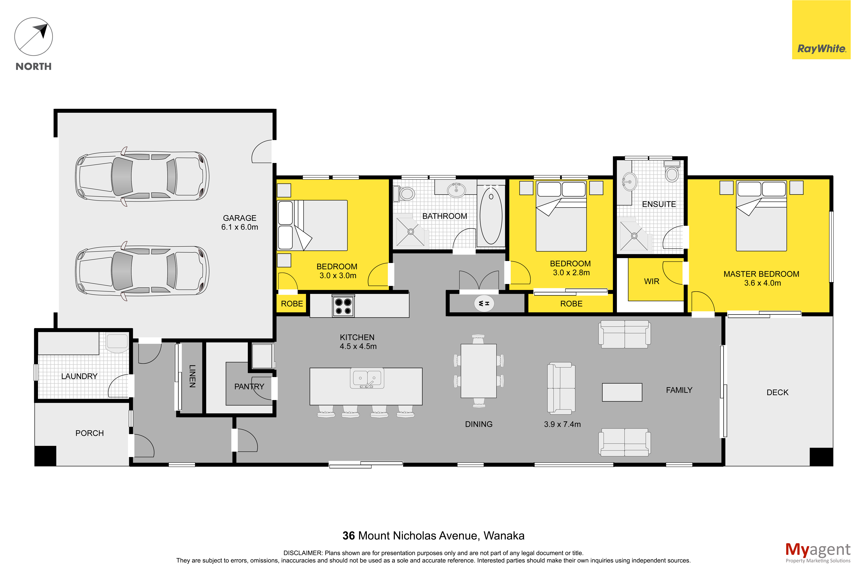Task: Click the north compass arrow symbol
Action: click(34, 37)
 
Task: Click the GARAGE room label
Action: click(239, 218)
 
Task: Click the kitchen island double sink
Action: click(367, 378)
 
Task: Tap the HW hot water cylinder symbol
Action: click(484, 303)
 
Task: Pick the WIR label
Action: click(652, 281)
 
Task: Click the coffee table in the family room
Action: click(622, 392)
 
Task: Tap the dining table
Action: click(479, 371)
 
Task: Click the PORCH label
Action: click(90, 433)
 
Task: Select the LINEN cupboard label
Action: click(192, 376)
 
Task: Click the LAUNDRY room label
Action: click(79, 376)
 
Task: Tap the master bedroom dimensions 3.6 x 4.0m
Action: click(762, 283)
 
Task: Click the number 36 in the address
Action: click(349, 536)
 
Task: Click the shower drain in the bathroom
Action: click(410, 231)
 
